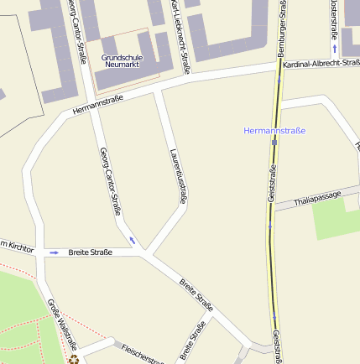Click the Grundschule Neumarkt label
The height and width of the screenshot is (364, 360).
[x=122, y=60]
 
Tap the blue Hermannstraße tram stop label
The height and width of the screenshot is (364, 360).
[x=274, y=131]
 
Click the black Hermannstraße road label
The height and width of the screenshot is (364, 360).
[x=98, y=103]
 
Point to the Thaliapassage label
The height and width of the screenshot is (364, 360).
[x=319, y=200]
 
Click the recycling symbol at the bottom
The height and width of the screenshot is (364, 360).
[x=74, y=360]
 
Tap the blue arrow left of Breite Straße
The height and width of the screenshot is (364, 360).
[x=55, y=252]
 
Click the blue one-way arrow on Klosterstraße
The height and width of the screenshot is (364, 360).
[x=334, y=50]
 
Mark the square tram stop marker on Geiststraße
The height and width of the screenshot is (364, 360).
[x=274, y=143]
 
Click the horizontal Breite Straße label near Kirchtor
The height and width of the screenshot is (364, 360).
[x=90, y=252]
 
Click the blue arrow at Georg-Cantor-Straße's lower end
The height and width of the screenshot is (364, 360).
[x=132, y=241]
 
